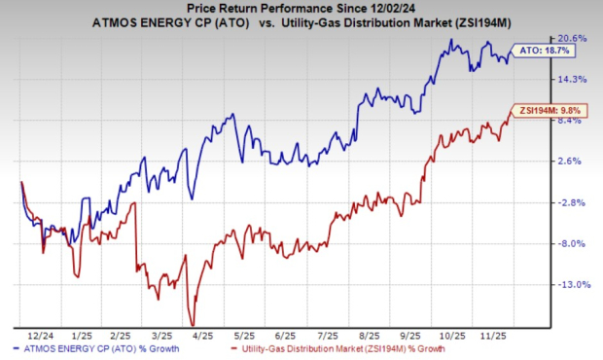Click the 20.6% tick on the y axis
pyautogui.click(x=572, y=39)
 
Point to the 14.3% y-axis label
pyautogui.click(x=572, y=79)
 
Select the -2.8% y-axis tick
pyautogui.click(x=572, y=202)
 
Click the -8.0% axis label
pyautogui.click(x=572, y=243)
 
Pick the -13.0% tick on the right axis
pyautogui.click(x=574, y=285)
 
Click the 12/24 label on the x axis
pyautogui.click(x=41, y=336)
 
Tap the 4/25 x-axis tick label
pyautogui.click(x=202, y=336)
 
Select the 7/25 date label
pyautogui.click(x=328, y=336)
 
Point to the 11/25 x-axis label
pyautogui.click(x=494, y=336)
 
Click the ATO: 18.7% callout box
pyautogui.click(x=543, y=51)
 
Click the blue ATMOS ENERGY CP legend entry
pyautogui.click(x=96, y=349)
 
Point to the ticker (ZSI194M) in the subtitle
pyautogui.click(x=483, y=23)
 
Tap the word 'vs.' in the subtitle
pyautogui.click(x=266, y=23)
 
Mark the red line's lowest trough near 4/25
pyautogui.click(x=193, y=325)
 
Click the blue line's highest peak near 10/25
pyautogui.click(x=451, y=39)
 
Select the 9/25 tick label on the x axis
pyautogui.click(x=410, y=336)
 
